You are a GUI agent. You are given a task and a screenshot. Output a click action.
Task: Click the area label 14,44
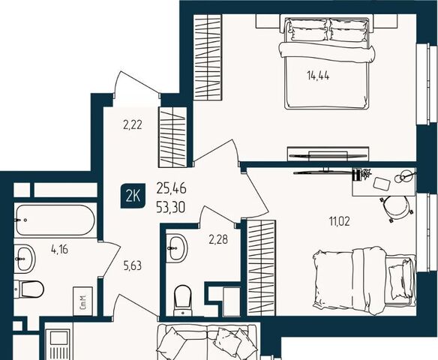318,76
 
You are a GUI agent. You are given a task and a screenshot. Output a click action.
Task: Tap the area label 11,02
340,222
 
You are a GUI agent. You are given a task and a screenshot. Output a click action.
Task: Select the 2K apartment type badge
133,196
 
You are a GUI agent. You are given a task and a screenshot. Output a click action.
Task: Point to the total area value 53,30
171,208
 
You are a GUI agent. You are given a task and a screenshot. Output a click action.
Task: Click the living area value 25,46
171,189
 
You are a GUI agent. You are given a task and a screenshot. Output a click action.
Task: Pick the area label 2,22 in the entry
133,125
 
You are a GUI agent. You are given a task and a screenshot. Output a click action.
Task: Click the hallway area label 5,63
133,265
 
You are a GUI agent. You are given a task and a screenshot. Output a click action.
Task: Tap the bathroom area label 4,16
60,249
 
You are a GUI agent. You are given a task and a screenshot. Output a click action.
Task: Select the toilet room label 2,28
218,240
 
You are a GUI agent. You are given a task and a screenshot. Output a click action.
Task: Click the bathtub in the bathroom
55,220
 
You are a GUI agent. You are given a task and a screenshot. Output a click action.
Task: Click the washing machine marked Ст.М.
82,301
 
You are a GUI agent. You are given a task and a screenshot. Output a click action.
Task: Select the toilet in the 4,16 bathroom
28,289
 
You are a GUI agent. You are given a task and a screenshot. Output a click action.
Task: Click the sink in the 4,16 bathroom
24,258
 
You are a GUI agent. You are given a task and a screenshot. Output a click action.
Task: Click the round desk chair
396,208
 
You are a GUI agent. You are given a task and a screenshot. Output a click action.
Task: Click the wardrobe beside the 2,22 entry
172,137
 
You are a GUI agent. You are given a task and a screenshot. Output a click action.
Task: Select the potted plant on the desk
365,174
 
